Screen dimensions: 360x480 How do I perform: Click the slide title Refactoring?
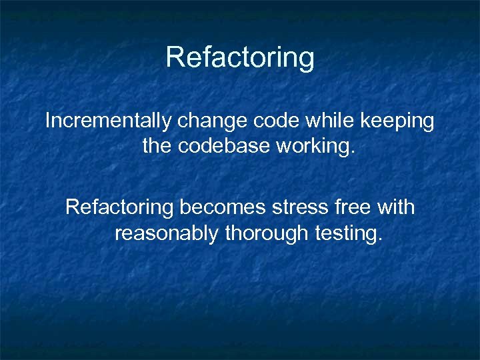pyautogui.click(x=240, y=57)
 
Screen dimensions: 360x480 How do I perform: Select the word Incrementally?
pyautogui.click(x=108, y=122)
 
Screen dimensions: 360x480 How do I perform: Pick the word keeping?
pyautogui.click(x=397, y=122)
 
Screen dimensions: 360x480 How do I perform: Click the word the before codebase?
pyautogui.click(x=157, y=145)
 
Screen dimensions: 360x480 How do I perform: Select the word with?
pyautogui.click(x=395, y=207)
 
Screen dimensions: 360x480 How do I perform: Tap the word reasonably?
pyautogui.click(x=167, y=235)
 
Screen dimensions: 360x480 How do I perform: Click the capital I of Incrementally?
pyautogui.click(x=47, y=121)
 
